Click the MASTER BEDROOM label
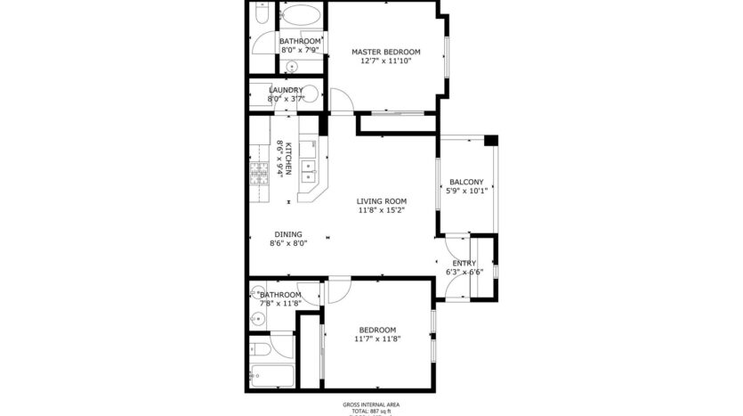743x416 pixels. pyautogui.click(x=384, y=52)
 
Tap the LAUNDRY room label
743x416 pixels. pyautogui.click(x=286, y=90)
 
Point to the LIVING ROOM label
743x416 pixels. pyautogui.click(x=382, y=201)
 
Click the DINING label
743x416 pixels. pyautogui.click(x=287, y=234)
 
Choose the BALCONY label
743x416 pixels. pyautogui.click(x=466, y=181)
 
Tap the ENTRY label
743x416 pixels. pyautogui.click(x=464, y=263)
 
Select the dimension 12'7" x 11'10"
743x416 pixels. pyautogui.click(x=384, y=62)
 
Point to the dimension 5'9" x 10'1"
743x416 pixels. pyautogui.click(x=466, y=191)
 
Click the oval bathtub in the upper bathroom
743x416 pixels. pyautogui.click(x=299, y=16)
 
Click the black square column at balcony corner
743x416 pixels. pyautogui.click(x=490, y=140)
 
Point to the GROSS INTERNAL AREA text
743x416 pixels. pyautogui.click(x=371, y=404)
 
